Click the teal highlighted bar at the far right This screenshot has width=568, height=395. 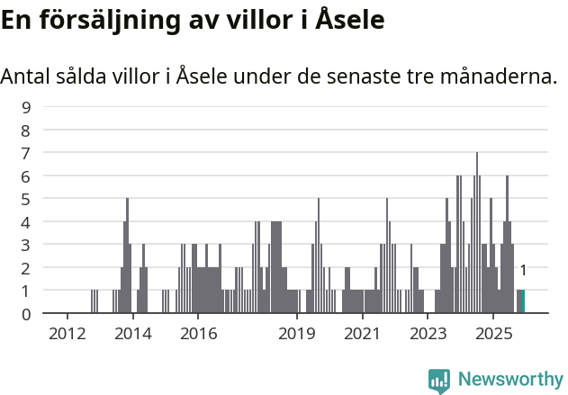(522, 301)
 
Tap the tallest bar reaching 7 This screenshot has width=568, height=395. (477, 234)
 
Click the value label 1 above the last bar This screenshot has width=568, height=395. (523, 270)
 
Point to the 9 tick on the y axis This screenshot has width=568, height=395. (26, 107)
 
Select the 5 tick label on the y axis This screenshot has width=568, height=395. (26, 199)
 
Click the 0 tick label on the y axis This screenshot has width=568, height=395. (26, 313)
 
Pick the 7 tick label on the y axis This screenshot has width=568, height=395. (26, 153)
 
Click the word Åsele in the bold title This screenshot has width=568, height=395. (350, 20)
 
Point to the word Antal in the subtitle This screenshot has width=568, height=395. (27, 76)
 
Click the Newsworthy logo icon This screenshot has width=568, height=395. (439, 381)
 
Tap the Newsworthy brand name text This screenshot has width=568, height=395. (510, 380)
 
